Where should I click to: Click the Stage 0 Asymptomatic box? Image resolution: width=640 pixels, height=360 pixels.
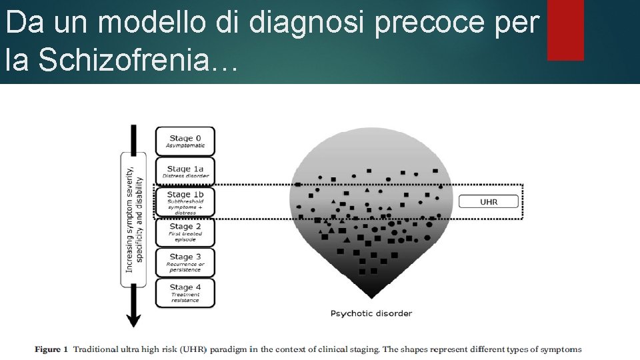pyautogui.click(x=185, y=141)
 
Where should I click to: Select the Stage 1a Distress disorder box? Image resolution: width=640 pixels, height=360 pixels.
pyautogui.click(x=185, y=172)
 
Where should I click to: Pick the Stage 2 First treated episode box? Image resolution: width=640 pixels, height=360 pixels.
pyautogui.click(x=185, y=232)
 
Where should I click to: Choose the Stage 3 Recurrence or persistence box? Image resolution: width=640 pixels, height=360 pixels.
pyautogui.click(x=185, y=263)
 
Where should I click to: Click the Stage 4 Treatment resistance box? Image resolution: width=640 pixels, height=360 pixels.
pyautogui.click(x=185, y=293)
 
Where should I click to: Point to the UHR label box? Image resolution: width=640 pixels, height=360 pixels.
pyautogui.click(x=489, y=201)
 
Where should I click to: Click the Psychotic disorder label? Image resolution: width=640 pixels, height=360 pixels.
pyautogui.click(x=371, y=313)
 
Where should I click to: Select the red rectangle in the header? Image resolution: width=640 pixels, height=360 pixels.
pyautogui.click(x=565, y=30)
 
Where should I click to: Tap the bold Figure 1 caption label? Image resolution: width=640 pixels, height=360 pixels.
pyautogui.click(x=51, y=349)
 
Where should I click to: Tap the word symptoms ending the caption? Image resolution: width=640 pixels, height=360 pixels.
pyautogui.click(x=561, y=349)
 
